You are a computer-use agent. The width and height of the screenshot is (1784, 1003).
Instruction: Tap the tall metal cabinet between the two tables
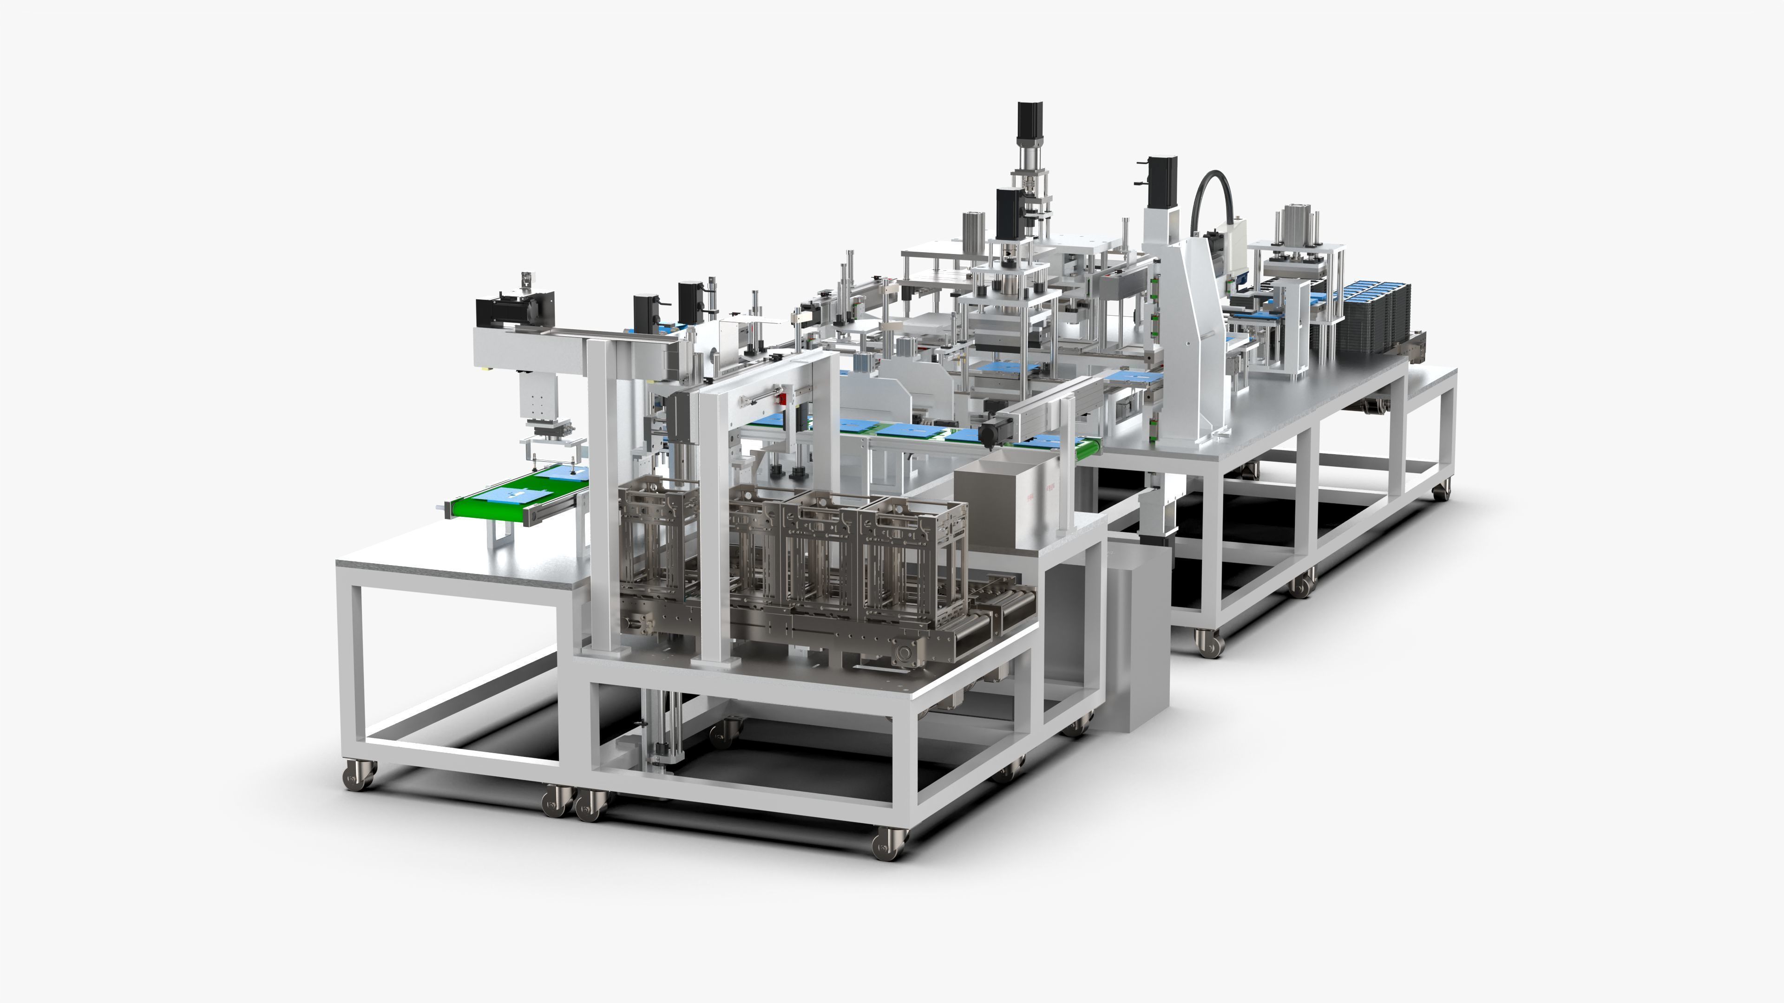(1136, 637)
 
